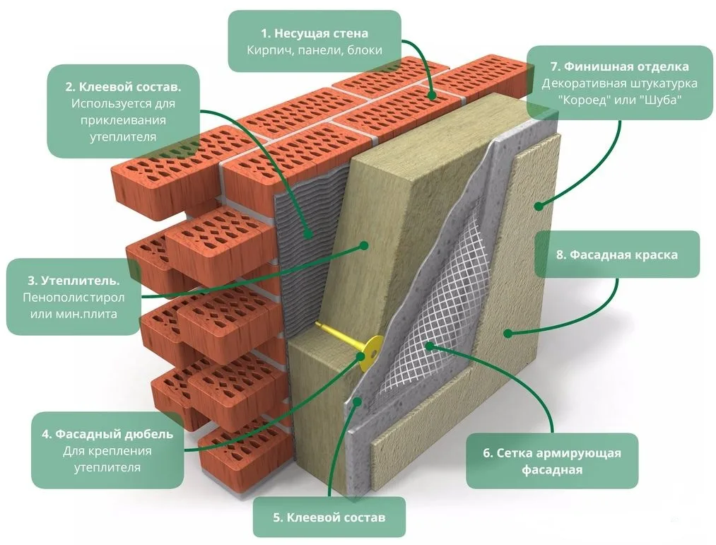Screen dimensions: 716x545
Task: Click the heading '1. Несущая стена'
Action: [x=314, y=33]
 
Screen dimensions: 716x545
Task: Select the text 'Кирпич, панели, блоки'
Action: [x=314, y=50]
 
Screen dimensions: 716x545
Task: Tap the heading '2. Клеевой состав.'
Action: [x=123, y=87]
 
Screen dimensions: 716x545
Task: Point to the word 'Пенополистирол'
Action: [x=74, y=298]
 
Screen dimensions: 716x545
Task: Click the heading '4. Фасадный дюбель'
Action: [x=107, y=433]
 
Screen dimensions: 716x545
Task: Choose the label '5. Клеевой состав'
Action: [x=329, y=517]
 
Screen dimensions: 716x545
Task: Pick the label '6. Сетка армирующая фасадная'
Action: [x=552, y=462]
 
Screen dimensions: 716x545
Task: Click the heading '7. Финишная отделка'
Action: [x=620, y=66]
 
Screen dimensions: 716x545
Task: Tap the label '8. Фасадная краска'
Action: [x=617, y=255]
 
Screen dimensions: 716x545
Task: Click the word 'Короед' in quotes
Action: [x=585, y=100]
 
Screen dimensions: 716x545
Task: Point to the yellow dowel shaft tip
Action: [x=317, y=324]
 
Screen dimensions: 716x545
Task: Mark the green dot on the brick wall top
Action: [x=432, y=95]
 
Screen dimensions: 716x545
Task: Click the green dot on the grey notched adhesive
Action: [x=309, y=234]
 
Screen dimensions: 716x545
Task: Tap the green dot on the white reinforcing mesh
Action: [x=429, y=346]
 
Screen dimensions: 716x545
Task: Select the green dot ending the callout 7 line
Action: [x=539, y=206]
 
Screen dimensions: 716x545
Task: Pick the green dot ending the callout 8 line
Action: [x=507, y=334]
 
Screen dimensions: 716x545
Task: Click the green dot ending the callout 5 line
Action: [x=358, y=401]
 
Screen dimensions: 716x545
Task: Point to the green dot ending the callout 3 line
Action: [x=364, y=245]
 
